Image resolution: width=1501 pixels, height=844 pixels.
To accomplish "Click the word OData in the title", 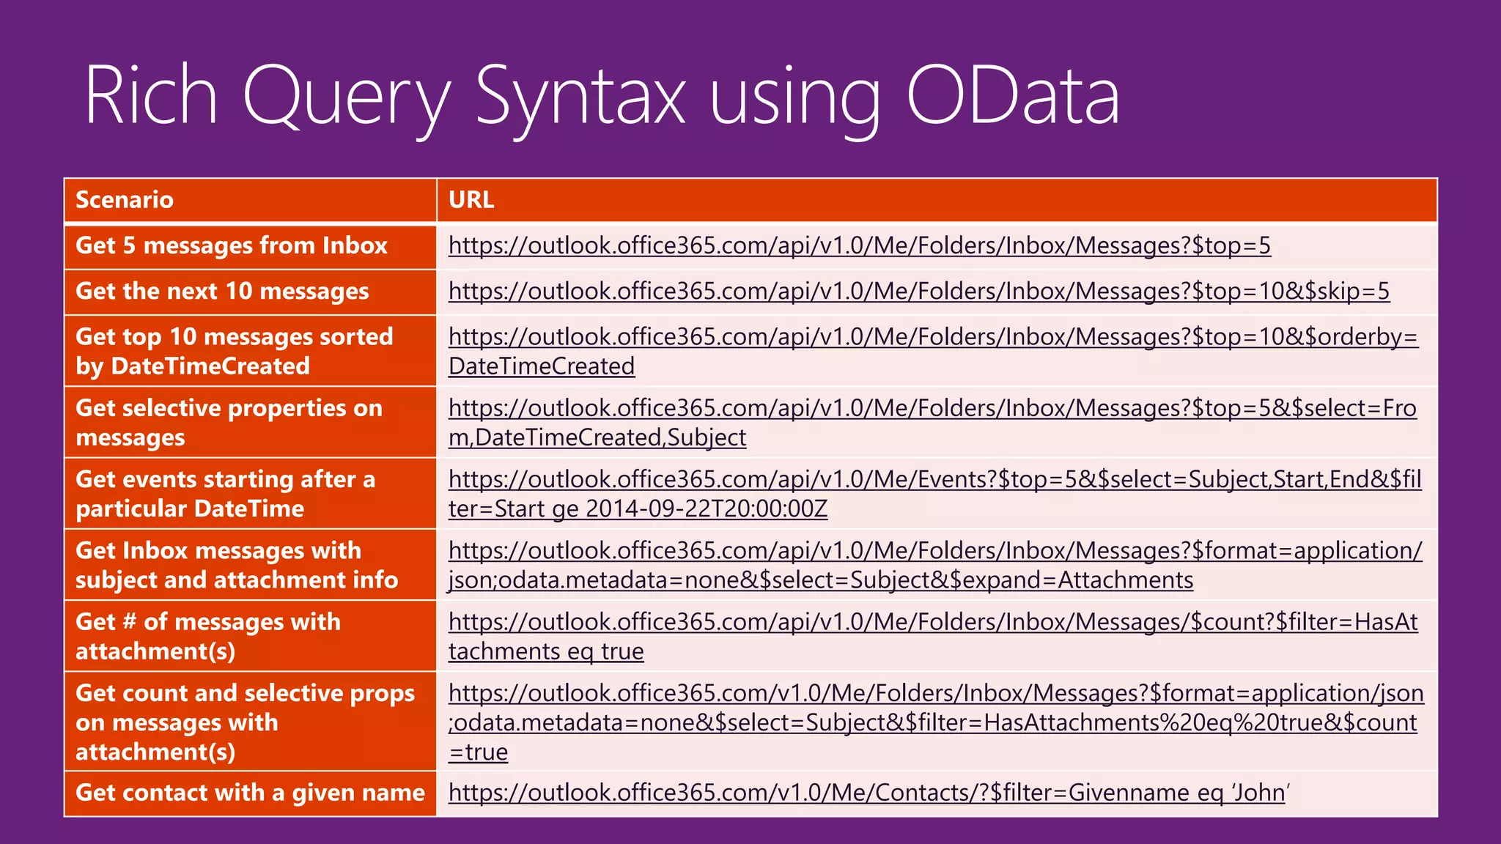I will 1013,96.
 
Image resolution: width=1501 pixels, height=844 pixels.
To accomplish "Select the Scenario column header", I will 125,200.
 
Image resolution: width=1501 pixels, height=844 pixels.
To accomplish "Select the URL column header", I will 471,200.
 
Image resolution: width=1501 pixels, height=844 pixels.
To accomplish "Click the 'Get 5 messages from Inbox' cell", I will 232,245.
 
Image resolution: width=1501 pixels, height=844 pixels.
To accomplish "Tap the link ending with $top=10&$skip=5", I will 918,292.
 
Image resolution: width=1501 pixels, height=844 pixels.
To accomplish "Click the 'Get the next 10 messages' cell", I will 222,292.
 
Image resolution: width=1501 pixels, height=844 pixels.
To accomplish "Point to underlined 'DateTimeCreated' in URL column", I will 542,366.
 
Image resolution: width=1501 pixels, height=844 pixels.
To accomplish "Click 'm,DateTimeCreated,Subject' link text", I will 597,437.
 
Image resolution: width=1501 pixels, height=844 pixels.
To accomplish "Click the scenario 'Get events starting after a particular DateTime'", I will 226,494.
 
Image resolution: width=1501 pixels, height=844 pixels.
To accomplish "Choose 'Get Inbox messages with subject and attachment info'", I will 236,565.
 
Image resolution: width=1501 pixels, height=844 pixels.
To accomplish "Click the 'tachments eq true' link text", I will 546,651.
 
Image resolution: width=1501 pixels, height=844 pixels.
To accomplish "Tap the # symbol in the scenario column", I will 130,622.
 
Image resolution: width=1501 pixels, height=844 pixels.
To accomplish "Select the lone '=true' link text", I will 479,752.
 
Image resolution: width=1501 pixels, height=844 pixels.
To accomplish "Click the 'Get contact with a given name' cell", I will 250,793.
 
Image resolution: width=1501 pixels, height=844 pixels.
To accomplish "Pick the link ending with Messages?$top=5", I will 859,245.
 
